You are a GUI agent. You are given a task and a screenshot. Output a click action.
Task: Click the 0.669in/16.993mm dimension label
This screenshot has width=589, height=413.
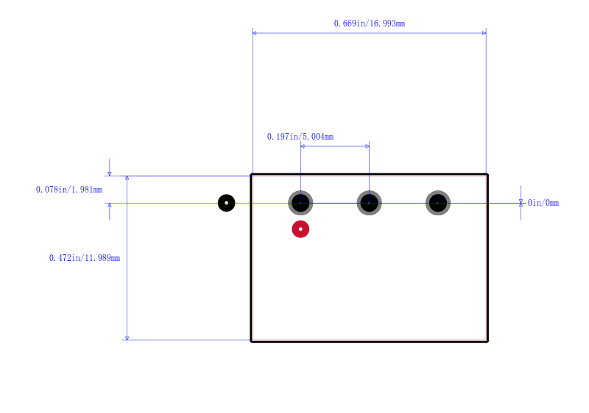[370, 24]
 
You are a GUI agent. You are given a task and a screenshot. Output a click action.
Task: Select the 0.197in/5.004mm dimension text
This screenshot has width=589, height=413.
[300, 137]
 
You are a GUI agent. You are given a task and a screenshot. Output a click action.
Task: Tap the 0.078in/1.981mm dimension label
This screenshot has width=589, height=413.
[69, 190]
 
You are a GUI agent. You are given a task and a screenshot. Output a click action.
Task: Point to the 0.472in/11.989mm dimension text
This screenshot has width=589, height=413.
[85, 258]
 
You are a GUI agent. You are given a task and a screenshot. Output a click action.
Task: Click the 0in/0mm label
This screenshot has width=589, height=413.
[543, 203]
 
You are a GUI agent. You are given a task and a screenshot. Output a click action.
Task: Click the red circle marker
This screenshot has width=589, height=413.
[300, 229]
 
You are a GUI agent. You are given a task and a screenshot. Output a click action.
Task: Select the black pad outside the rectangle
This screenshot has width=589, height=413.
[227, 203]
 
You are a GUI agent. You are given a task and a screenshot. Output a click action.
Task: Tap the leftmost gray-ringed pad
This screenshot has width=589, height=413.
[300, 203]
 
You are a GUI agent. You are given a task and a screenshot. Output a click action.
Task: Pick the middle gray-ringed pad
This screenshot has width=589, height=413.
[370, 203]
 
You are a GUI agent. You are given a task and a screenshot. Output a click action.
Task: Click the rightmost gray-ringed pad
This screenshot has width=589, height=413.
[438, 203]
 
